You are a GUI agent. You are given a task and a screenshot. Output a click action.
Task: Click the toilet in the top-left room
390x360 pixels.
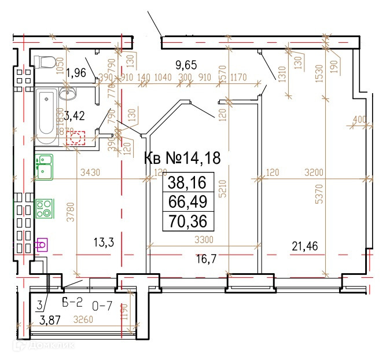[x=45, y=61]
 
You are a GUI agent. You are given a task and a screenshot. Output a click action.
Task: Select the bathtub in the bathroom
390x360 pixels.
[x=47, y=116]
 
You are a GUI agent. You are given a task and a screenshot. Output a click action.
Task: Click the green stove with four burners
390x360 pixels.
[x=43, y=208]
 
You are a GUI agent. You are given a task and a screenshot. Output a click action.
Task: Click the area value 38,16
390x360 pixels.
[x=187, y=183]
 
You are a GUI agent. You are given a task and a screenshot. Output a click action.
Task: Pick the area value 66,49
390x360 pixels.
[x=187, y=202]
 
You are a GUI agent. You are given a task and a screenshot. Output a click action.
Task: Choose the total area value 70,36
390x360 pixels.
[x=187, y=221]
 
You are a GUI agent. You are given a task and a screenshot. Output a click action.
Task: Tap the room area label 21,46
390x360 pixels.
[x=304, y=247]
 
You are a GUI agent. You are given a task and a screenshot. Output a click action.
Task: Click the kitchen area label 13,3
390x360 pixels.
[x=103, y=243]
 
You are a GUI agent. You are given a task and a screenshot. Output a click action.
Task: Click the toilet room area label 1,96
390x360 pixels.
[x=76, y=72]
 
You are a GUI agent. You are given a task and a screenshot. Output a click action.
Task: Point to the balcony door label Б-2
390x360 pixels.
[x=73, y=301]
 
